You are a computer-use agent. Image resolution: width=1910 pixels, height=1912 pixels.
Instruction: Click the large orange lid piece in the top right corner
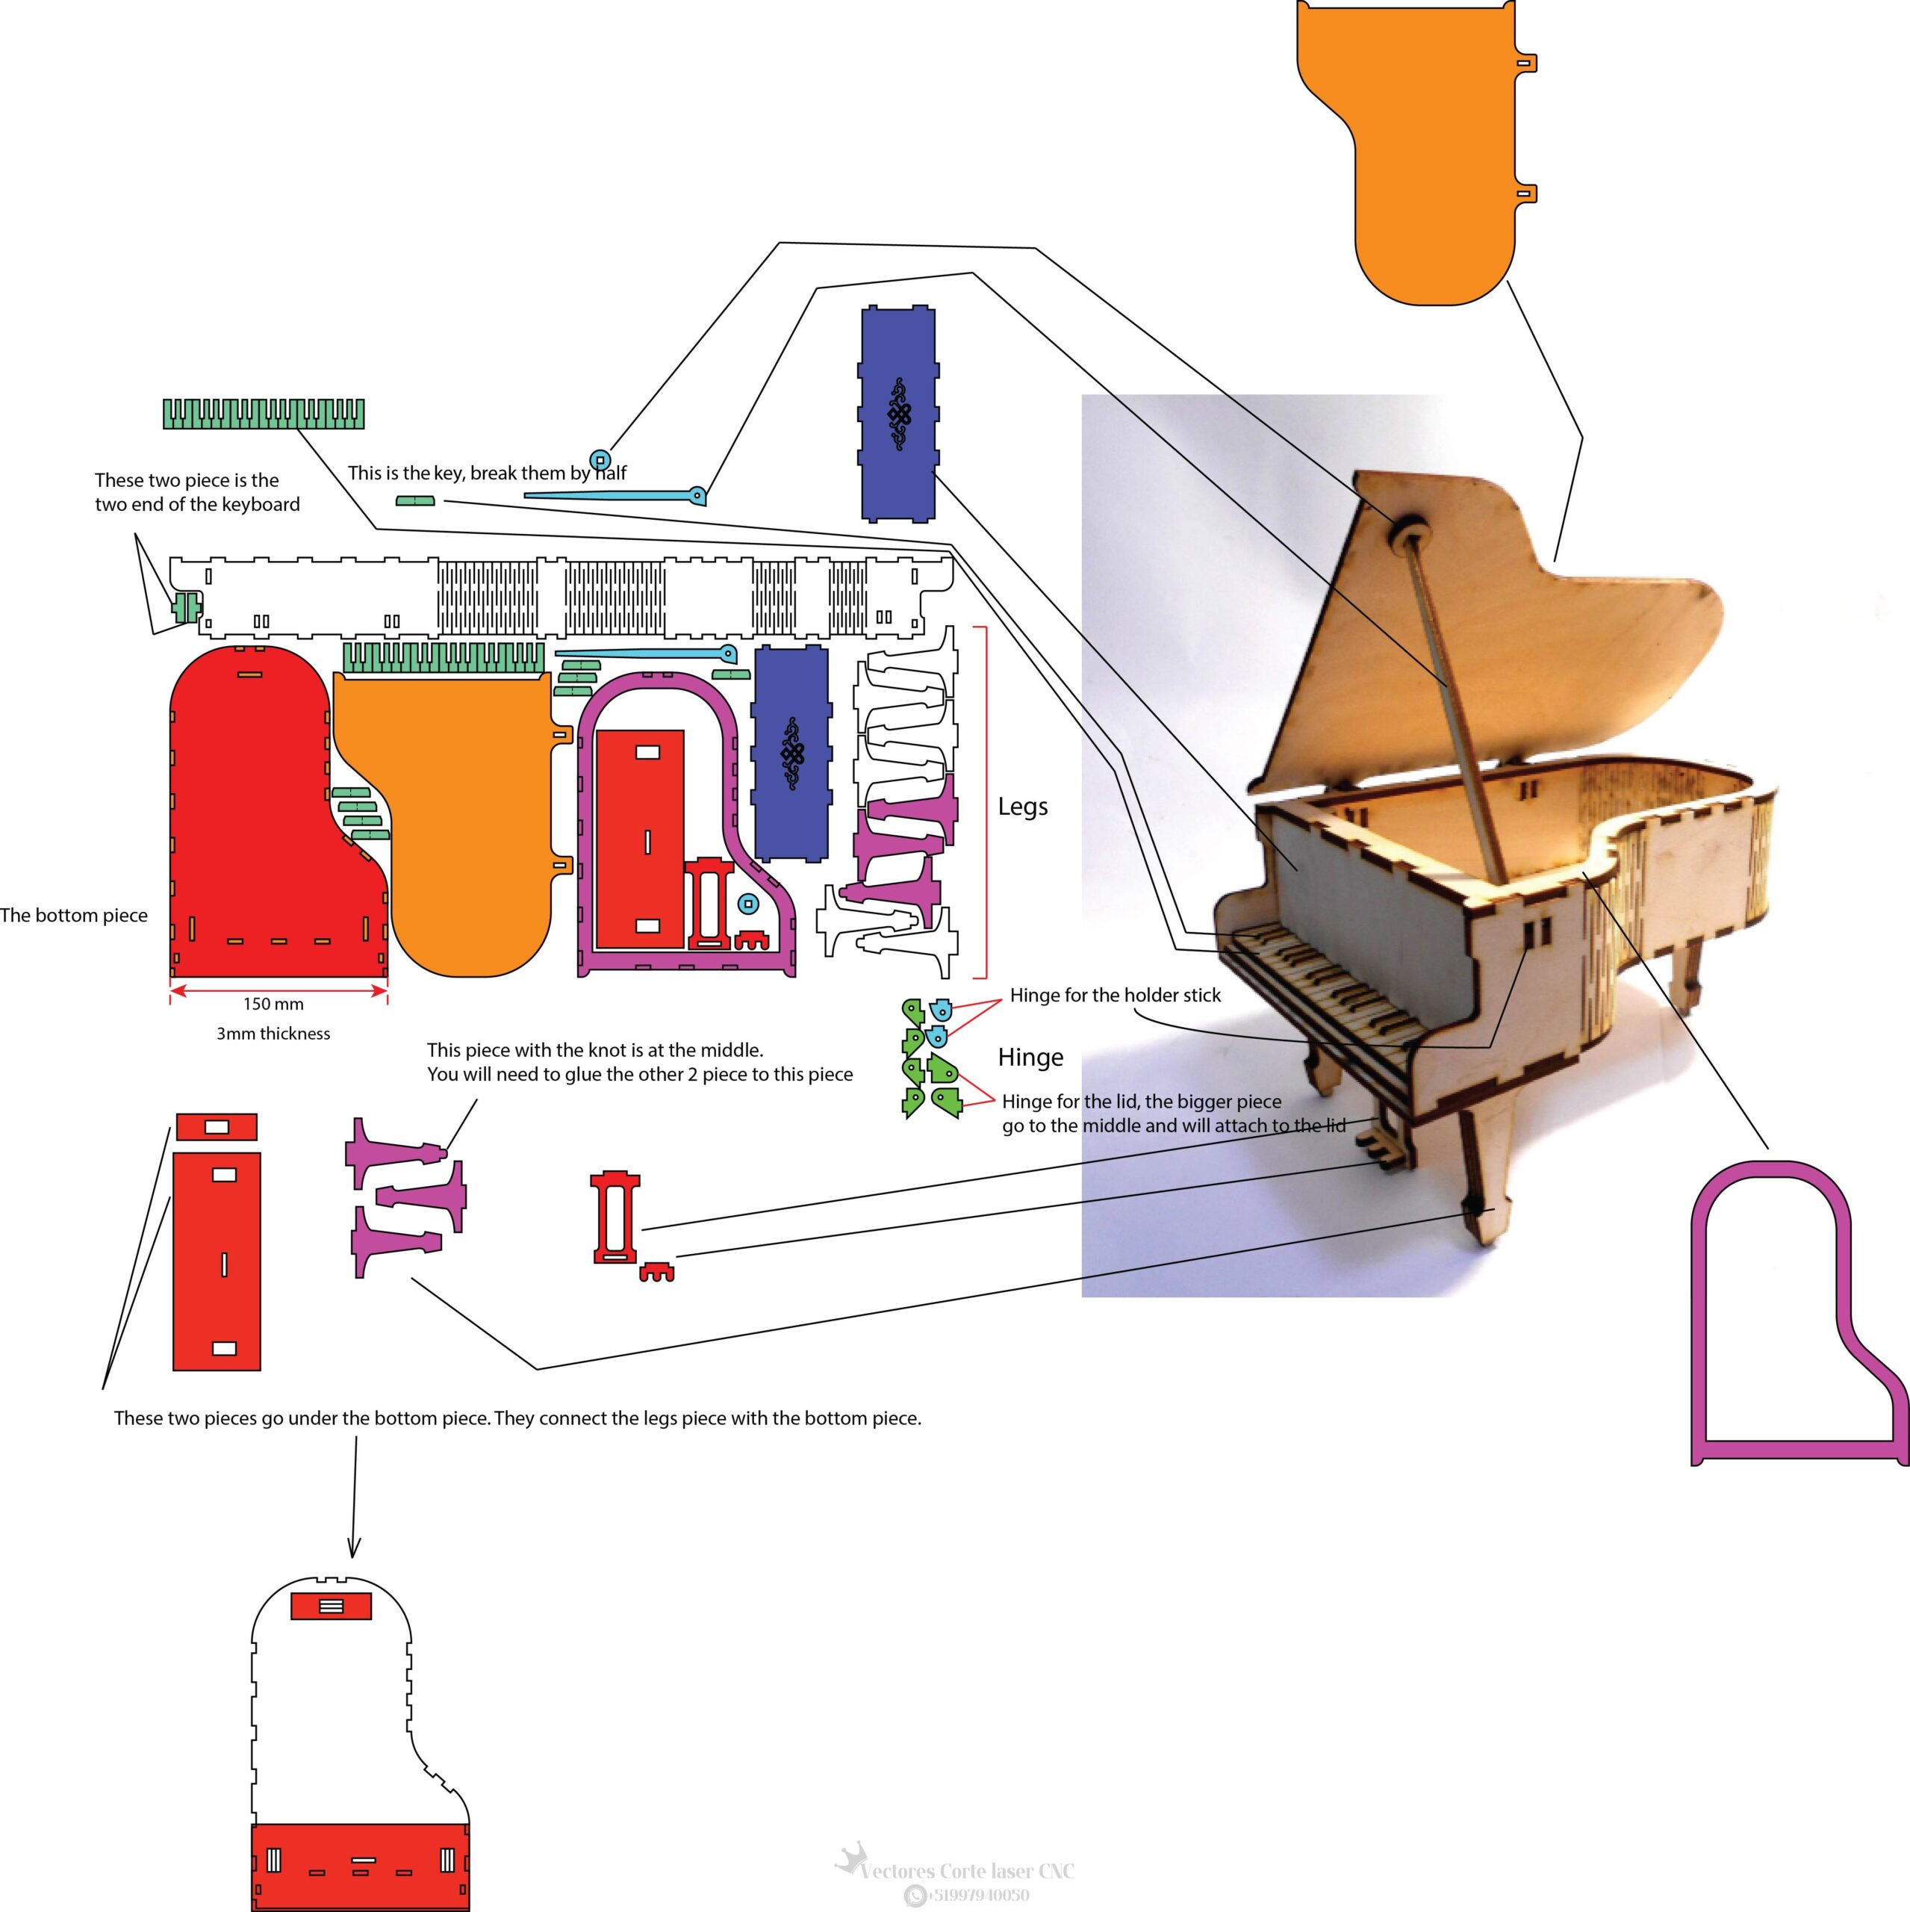(x=1415, y=149)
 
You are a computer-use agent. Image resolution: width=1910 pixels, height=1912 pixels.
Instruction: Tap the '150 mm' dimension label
(x=273, y=1004)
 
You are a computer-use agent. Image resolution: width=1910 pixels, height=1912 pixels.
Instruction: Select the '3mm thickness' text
(x=273, y=1033)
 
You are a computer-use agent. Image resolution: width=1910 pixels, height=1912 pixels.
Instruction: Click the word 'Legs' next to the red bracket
(x=1022, y=807)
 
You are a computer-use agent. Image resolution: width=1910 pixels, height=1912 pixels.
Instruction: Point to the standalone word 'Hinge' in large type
(x=1030, y=1057)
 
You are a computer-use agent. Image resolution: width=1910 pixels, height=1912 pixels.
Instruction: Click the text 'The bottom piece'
(x=73, y=916)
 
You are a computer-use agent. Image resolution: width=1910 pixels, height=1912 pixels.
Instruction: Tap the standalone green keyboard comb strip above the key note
(x=264, y=414)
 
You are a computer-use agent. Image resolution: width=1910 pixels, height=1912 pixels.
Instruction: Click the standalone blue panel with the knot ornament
(x=898, y=414)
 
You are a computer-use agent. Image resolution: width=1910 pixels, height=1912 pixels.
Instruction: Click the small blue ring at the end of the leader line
(x=600, y=459)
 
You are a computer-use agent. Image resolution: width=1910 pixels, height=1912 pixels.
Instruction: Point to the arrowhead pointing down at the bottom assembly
(x=353, y=1547)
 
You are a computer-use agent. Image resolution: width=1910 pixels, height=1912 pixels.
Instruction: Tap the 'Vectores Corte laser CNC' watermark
(x=966, y=1870)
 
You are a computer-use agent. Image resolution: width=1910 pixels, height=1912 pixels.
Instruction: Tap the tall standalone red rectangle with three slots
(x=217, y=1261)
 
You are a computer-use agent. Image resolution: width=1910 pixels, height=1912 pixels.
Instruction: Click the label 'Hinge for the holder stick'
(x=1116, y=996)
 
